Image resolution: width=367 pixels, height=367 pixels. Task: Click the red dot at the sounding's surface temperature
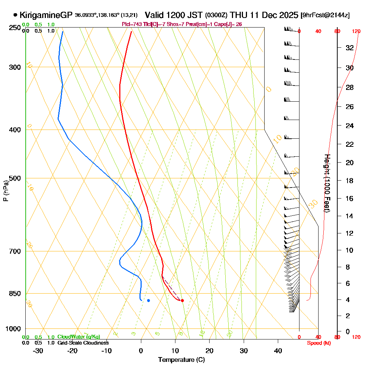pyautogui.click(x=182, y=301)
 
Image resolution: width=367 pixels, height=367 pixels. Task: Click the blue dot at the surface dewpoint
pyautogui.click(x=148, y=301)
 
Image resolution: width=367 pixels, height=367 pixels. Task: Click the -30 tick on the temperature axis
pyautogui.click(x=38, y=350)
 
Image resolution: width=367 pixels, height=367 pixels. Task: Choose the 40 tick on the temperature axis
pyautogui.click(x=278, y=350)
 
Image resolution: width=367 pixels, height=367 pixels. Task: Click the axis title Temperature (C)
pyautogui.click(x=181, y=360)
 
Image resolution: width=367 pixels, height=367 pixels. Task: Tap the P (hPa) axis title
pyautogui.click(x=6, y=190)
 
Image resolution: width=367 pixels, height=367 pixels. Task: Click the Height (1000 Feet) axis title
pyautogui.click(x=327, y=183)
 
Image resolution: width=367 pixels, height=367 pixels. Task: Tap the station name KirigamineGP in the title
pyautogui.click(x=46, y=15)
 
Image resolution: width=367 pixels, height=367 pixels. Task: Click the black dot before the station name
pyautogui.click(x=15, y=15)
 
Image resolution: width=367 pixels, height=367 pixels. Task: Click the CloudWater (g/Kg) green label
pyautogui.click(x=79, y=337)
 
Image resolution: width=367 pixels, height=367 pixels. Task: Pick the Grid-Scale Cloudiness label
pyautogui.click(x=83, y=343)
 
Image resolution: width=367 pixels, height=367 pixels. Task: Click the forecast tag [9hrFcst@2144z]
pyautogui.click(x=325, y=15)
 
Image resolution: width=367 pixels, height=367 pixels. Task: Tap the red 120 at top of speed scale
pyautogui.click(x=356, y=31)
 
